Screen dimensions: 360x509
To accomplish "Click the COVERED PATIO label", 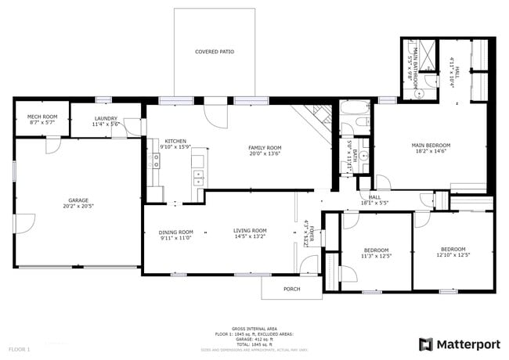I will click(x=215, y=52).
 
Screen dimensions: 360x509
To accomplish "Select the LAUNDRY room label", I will click(x=105, y=118).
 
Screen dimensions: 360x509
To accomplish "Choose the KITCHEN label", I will click(x=175, y=141).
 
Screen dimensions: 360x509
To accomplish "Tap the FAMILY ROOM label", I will click(x=265, y=147).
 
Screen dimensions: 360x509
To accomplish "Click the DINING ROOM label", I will click(x=175, y=232).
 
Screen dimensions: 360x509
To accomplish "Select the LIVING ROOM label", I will click(x=250, y=230).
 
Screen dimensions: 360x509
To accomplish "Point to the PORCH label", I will click(x=291, y=289).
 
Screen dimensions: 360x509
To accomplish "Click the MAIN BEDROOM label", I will click(x=431, y=145).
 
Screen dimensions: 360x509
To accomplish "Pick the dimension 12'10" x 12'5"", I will click(x=453, y=255).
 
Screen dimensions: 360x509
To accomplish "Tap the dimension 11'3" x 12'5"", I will click(x=375, y=255).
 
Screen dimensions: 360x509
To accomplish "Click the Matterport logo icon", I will click(x=425, y=344).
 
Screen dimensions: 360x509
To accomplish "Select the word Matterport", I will click(x=467, y=344).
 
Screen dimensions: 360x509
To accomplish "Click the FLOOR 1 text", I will click(x=19, y=348).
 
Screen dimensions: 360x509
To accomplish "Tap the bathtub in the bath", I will click(x=355, y=110).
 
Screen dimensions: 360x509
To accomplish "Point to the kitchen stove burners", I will click(x=156, y=160).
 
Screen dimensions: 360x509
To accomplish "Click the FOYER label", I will click(x=311, y=234).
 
